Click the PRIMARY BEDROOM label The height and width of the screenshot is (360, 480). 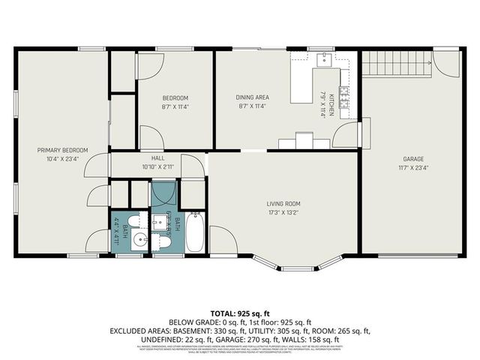click(x=63, y=150)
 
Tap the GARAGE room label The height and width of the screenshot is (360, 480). click(x=414, y=159)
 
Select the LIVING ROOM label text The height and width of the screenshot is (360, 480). click(x=283, y=203)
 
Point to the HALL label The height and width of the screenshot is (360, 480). click(x=157, y=157)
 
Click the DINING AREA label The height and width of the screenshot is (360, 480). click(x=253, y=97)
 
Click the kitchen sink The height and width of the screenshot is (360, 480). click(x=324, y=59)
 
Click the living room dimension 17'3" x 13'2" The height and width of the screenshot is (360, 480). click(x=283, y=212)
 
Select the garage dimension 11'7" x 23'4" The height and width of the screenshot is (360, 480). click(x=414, y=168)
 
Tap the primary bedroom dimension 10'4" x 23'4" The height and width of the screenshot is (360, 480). click(x=63, y=159)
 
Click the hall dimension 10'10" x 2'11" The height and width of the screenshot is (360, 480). click(x=157, y=166)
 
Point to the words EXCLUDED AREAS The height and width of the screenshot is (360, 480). click(x=139, y=330)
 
